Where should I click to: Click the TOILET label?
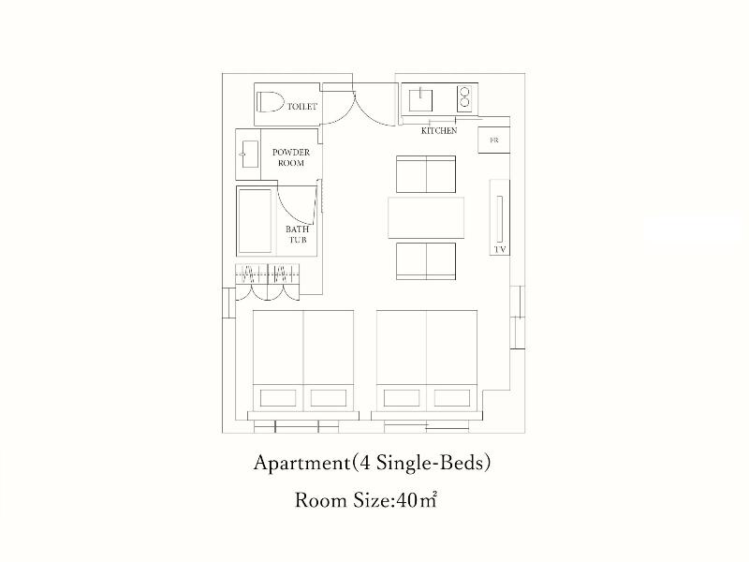(x=301, y=106)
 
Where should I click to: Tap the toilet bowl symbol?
(x=270, y=102)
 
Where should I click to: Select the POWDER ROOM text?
(x=291, y=157)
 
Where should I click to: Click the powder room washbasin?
(x=250, y=154)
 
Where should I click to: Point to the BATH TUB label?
(x=297, y=234)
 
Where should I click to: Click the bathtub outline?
(x=256, y=221)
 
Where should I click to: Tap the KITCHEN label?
(x=439, y=130)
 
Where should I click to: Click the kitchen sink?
(x=420, y=99)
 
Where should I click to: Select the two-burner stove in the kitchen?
(x=464, y=98)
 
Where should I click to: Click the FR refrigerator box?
(x=494, y=140)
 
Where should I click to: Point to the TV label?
(x=500, y=249)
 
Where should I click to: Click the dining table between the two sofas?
(x=426, y=217)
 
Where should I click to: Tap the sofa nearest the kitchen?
(x=426, y=174)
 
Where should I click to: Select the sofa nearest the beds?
(x=426, y=261)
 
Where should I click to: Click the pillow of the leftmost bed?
(x=278, y=397)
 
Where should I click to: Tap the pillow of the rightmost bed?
(x=452, y=397)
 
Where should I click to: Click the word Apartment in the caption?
(x=301, y=463)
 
